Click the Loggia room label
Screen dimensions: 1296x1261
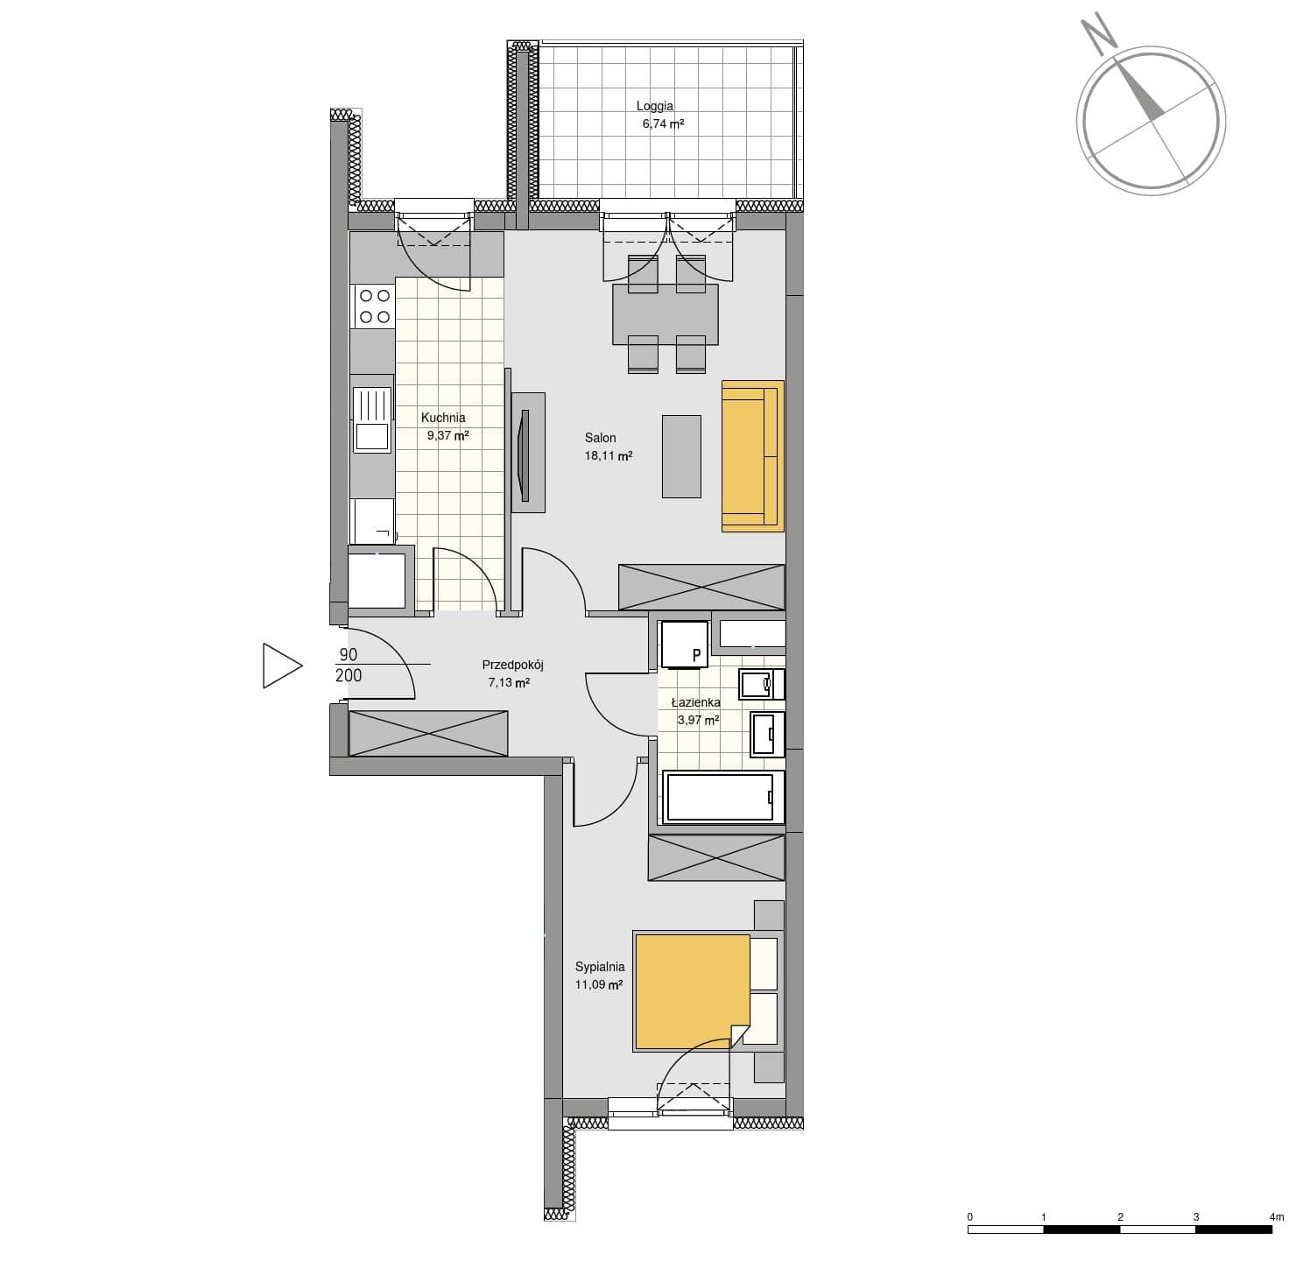click(654, 106)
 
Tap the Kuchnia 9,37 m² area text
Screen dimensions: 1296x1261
click(447, 435)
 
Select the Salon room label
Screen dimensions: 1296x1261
click(600, 438)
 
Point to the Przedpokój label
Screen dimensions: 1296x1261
click(513, 665)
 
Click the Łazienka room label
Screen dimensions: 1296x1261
click(695, 702)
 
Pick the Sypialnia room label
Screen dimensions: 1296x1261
click(599, 967)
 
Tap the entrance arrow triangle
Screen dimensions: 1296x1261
click(282, 666)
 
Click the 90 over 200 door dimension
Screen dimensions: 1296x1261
click(349, 665)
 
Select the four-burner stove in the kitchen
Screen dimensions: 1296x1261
click(374, 306)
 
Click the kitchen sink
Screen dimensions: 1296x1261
click(371, 420)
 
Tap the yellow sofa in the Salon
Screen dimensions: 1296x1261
click(752, 456)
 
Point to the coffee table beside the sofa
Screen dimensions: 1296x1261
click(681, 456)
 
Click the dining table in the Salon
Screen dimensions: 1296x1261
click(665, 314)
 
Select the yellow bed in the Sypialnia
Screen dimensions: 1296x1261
click(693, 992)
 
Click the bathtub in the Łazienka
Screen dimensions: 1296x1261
click(722, 798)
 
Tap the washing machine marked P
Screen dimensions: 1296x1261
click(684, 645)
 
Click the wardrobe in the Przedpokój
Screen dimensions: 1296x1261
click(427, 733)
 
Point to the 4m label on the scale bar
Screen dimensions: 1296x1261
click(1276, 1216)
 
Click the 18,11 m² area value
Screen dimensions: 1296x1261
click(608, 456)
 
